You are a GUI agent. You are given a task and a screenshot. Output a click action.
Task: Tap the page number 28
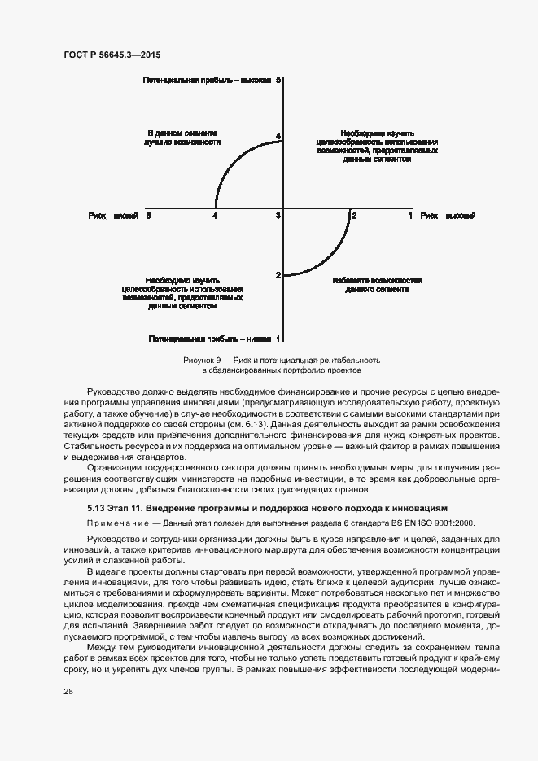[68, 690]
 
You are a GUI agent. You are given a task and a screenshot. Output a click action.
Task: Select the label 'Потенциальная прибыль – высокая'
[207, 81]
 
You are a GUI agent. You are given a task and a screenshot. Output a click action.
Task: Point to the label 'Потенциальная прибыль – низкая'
[210, 338]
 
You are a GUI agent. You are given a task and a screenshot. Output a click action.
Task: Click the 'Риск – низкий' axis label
[112, 216]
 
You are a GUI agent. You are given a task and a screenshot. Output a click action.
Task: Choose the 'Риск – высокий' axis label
[448, 216]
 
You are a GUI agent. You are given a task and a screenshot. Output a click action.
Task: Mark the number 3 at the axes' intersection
[278, 216]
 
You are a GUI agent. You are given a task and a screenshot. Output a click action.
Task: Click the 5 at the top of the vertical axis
[278, 81]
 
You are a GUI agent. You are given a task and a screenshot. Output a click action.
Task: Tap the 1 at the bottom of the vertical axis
[278, 338]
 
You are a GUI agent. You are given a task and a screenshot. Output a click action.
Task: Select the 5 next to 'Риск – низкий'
[148, 216]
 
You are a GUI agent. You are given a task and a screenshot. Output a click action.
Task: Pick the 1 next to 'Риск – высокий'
[410, 216]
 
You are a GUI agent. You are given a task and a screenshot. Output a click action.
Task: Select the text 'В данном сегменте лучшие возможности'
[183, 137]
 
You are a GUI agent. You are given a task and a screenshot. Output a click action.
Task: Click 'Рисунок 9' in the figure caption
[202, 360]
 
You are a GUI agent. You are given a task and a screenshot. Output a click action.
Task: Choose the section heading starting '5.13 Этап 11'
[267, 509]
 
